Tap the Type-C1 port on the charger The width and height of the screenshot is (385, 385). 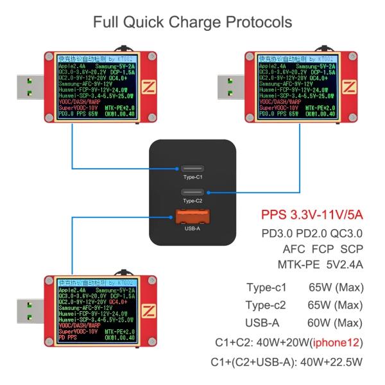193,167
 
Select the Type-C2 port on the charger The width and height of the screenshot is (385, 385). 193,192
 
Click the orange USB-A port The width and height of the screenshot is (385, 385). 193,217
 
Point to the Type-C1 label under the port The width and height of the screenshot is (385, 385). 193,177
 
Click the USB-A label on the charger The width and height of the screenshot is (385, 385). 193,228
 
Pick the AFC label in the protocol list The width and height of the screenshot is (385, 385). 295,248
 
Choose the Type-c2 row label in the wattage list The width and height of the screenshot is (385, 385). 268,305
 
